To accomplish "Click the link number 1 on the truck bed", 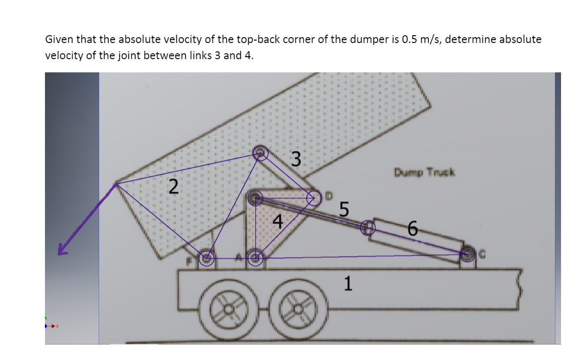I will point(347,283).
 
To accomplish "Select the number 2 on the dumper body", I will point(173,187).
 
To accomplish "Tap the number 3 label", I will point(295,159).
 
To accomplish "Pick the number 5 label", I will point(344,210).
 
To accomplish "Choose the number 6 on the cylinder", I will point(413,228).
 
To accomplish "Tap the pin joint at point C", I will point(468,254).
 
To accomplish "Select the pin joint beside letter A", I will point(255,257).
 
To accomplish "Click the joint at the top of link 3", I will point(260,153).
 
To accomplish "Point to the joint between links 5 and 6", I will point(368,227).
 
